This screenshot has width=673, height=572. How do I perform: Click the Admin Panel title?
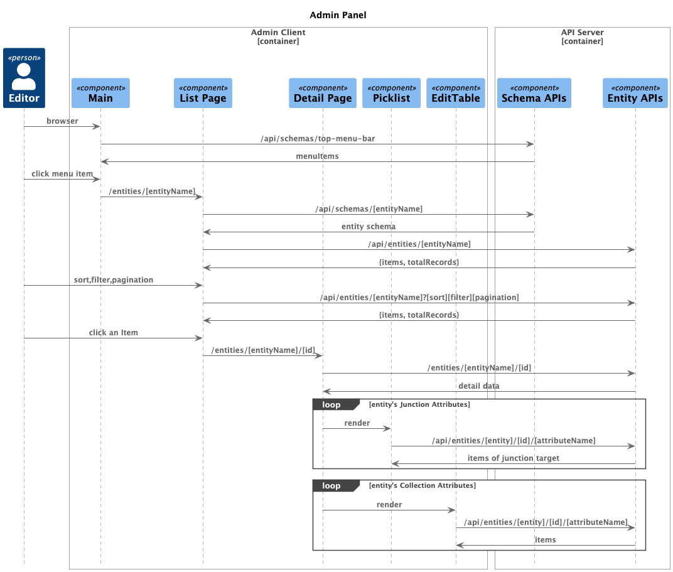point(338,15)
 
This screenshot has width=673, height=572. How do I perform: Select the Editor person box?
point(24,78)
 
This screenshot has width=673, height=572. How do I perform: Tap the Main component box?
point(100,93)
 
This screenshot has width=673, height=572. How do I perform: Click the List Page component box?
point(203,93)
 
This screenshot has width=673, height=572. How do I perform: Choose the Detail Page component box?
point(323,93)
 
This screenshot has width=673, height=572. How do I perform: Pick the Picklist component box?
point(391,93)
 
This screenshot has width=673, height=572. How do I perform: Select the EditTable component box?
point(456,93)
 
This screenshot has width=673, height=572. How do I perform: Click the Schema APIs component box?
point(534,93)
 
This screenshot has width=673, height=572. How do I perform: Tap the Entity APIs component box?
point(635,93)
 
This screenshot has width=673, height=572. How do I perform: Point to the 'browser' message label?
point(62,121)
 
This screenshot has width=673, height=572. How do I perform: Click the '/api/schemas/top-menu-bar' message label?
point(317,138)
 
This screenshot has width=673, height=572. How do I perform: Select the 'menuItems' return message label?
point(317,156)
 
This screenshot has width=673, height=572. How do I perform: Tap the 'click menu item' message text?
point(62,173)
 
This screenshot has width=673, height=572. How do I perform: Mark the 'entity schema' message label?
point(369,226)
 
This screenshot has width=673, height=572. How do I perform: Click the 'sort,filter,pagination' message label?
point(114,279)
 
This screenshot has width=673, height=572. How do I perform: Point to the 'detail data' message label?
point(479,386)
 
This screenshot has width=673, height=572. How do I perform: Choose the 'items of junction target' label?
point(513,458)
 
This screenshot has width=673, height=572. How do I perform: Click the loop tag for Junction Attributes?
point(332,404)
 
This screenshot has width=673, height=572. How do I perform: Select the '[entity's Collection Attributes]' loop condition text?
point(423,485)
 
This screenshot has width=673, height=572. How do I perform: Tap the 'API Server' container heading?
point(582,32)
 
